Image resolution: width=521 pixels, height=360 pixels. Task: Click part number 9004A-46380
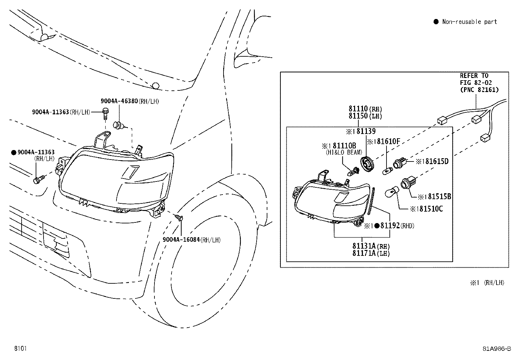pos(119,101)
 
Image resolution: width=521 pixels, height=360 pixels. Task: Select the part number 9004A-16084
pos(181,239)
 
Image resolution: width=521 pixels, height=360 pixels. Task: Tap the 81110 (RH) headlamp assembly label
pos(365,109)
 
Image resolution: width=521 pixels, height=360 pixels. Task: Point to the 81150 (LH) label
pos(365,116)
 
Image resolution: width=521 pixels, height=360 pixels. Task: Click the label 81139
pos(366,131)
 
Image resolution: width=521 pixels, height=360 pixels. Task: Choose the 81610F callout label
pos(388,141)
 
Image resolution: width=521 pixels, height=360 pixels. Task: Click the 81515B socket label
pos(440,197)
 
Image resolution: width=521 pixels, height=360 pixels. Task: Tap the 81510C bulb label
pos(431,209)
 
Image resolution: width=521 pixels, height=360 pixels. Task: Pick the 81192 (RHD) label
pos(397,225)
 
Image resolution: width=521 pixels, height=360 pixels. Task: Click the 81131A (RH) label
pos(371,246)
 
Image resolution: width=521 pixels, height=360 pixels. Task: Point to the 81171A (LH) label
pos(371,253)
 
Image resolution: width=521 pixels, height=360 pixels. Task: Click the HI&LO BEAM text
pos(344,153)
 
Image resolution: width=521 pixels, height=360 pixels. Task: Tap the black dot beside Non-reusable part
pos(436,22)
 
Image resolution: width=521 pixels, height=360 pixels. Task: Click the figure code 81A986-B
pos(497,349)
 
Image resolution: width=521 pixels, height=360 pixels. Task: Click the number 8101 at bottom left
pos(21,348)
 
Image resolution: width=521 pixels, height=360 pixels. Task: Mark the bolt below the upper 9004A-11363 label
pos(105,113)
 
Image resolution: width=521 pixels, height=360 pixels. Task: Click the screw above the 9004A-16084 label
pos(179,218)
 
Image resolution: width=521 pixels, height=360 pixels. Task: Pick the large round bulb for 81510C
pos(391,192)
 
